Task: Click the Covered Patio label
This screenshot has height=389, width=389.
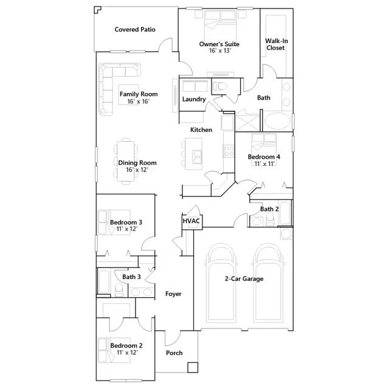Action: (x=135, y=30)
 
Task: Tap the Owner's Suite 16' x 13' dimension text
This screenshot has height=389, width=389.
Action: (x=220, y=51)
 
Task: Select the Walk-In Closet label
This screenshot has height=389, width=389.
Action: (x=276, y=44)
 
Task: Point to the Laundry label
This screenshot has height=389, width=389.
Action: (x=194, y=99)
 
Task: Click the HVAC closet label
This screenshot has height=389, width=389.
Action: (x=191, y=221)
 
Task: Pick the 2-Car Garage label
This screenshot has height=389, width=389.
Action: (x=244, y=279)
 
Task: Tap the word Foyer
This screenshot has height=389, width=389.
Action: (x=173, y=294)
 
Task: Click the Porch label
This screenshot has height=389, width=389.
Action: (x=174, y=353)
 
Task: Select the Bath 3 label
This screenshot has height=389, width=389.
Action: (x=131, y=277)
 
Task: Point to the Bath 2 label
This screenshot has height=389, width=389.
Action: (x=269, y=209)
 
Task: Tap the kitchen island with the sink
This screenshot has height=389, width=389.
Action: (x=194, y=154)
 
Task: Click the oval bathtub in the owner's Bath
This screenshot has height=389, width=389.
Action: (x=277, y=122)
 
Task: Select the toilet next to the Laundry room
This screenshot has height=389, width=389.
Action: (x=220, y=86)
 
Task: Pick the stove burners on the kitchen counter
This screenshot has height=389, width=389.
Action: (x=229, y=151)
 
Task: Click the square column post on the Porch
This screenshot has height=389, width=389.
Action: (x=193, y=367)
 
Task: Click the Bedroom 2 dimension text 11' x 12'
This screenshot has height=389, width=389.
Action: (x=127, y=353)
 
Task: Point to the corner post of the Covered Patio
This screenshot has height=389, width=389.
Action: (x=97, y=10)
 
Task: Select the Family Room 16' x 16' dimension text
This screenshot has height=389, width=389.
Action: (x=139, y=102)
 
